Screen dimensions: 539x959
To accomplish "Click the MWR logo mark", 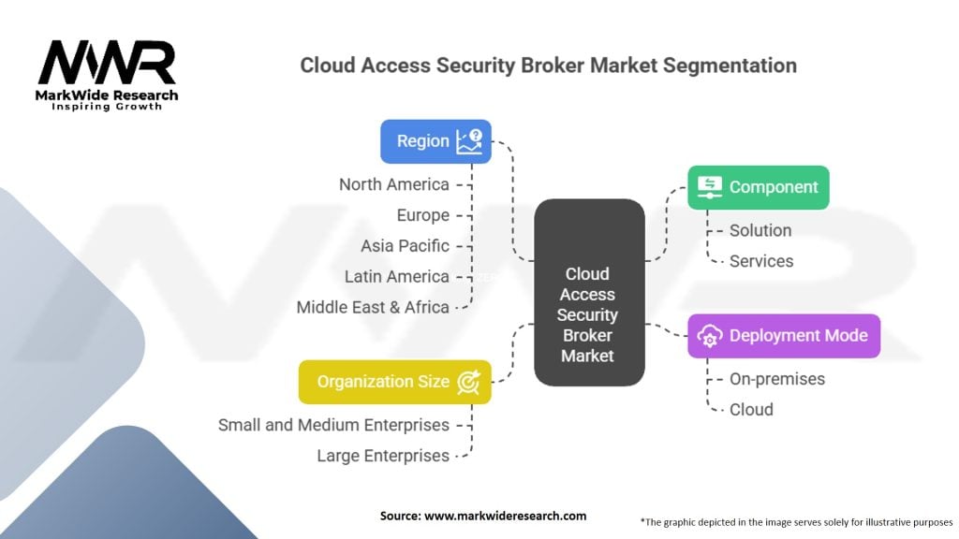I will [x=107, y=63].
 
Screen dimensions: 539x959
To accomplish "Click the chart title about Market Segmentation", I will [x=548, y=66].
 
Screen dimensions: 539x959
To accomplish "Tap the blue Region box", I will [x=435, y=141].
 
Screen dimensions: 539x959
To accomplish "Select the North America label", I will [x=394, y=184].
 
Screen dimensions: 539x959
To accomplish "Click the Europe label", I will [x=422, y=215].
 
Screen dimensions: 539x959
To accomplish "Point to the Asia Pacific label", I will [x=405, y=246].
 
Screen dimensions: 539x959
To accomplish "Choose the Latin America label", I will [x=396, y=276].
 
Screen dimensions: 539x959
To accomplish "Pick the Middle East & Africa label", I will [x=373, y=307].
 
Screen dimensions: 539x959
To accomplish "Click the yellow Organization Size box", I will [x=394, y=382].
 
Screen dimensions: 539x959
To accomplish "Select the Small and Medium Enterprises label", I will [x=333, y=425].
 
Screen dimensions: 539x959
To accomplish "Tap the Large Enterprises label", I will [x=383, y=456].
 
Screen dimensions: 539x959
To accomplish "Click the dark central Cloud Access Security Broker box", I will [x=588, y=292].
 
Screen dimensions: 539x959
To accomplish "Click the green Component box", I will [x=758, y=187].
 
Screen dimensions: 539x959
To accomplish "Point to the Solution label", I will [x=760, y=230].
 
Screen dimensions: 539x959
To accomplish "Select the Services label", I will [x=761, y=261].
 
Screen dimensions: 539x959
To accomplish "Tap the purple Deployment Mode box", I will [x=784, y=336].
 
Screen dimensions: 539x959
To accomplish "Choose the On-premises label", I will [x=777, y=379].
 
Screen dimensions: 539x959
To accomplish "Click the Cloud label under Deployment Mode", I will [x=751, y=409].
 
